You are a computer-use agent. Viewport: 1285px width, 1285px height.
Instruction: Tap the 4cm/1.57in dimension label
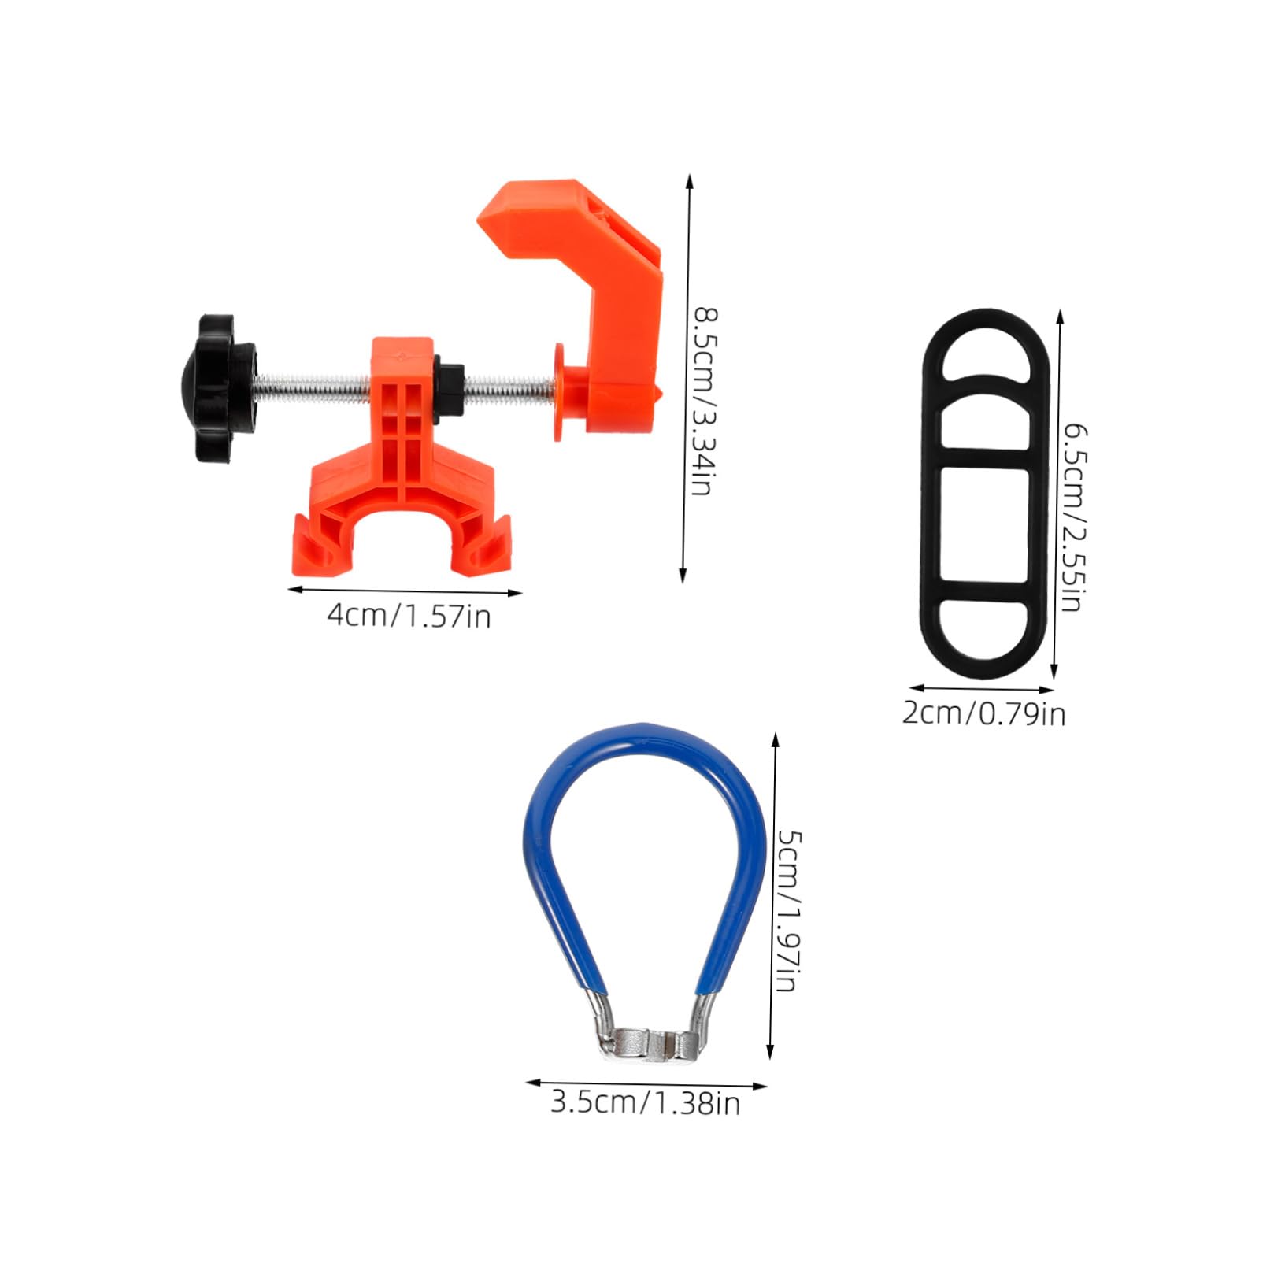(x=409, y=615)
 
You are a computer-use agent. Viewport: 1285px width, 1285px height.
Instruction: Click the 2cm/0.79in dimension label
(x=983, y=713)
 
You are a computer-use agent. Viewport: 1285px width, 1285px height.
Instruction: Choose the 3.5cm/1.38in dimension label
(x=645, y=1102)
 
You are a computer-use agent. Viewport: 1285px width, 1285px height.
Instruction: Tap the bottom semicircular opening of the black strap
(x=986, y=625)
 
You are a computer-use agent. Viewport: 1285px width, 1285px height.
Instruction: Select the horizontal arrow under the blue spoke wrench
(x=646, y=1084)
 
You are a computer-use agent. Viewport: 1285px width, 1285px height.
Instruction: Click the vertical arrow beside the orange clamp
(x=687, y=378)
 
